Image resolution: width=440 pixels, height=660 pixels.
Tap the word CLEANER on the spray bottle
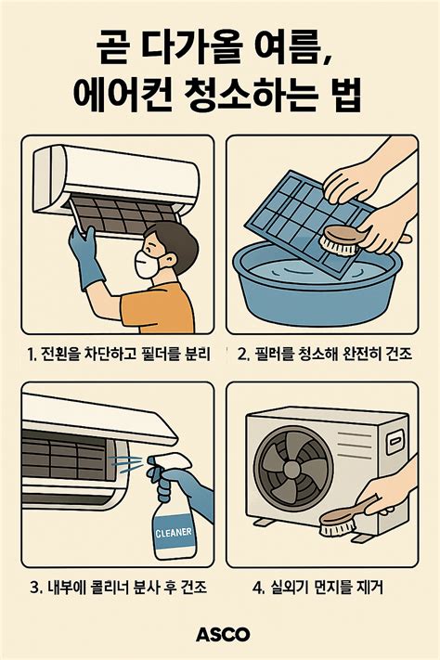[x=173, y=533]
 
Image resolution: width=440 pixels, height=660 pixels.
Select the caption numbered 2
[x=324, y=354]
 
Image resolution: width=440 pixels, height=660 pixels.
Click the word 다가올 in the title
[x=186, y=45]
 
